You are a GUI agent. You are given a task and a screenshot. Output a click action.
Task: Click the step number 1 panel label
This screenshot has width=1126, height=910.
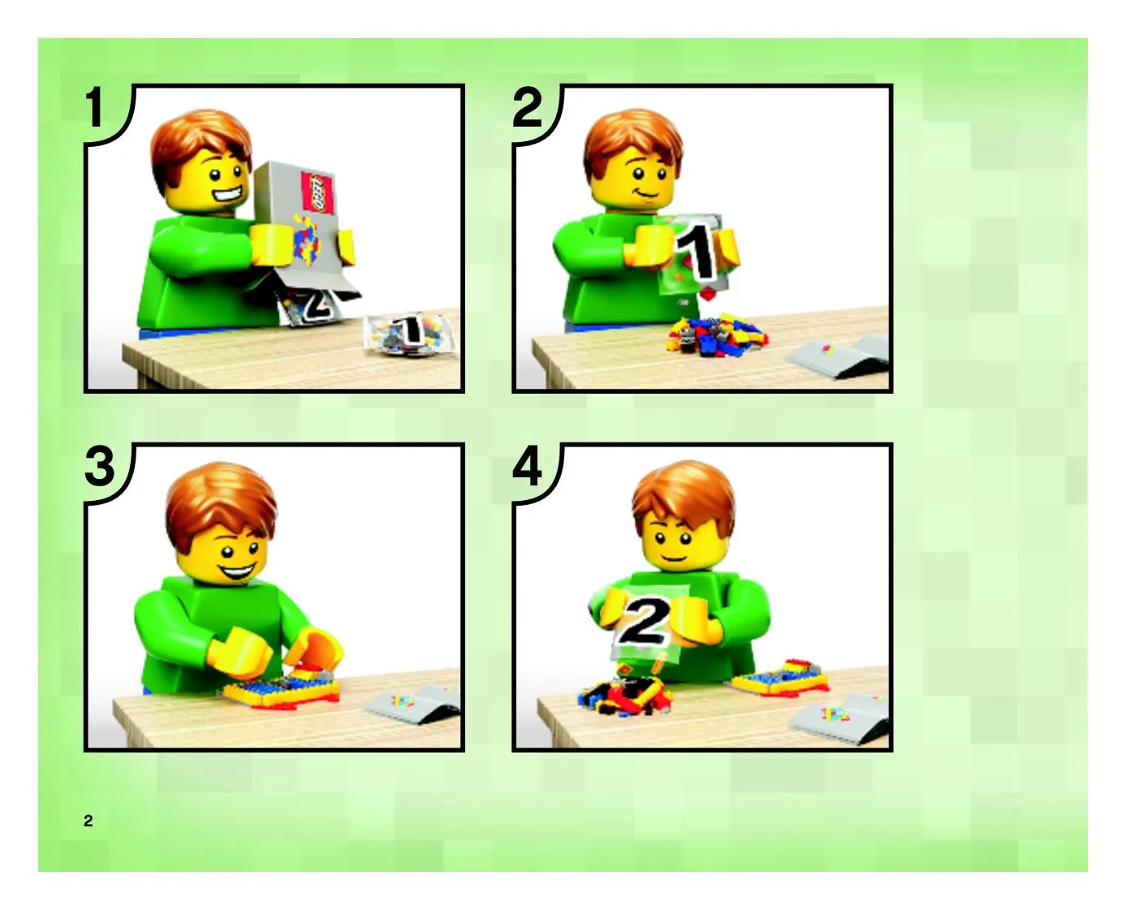coord(95,108)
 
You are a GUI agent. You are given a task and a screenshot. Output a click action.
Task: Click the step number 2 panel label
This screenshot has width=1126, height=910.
coord(528,108)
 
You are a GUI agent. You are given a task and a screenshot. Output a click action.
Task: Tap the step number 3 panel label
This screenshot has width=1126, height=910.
coord(99,466)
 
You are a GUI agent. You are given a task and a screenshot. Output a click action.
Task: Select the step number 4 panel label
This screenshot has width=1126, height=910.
coord(528,466)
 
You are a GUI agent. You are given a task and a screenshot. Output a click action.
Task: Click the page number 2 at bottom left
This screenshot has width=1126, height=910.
coord(88,820)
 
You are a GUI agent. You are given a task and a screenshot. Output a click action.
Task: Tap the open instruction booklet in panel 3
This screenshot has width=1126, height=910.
coord(413,703)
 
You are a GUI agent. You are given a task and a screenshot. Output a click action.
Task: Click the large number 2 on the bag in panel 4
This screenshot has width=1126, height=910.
coord(643,621)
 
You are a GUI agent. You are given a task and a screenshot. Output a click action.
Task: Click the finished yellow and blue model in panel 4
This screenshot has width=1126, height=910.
coord(780,678)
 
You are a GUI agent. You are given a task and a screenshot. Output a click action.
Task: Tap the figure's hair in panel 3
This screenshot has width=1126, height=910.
coord(221,505)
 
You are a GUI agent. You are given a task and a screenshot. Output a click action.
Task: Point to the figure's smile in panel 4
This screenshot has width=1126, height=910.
coord(674,558)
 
